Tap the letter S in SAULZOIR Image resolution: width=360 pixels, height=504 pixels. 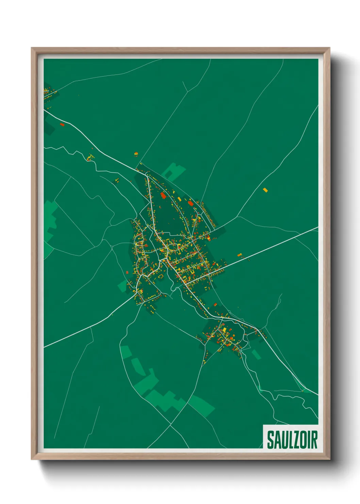(270, 440)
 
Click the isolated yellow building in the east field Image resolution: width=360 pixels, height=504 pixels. (265, 190)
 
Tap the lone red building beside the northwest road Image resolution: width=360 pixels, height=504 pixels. (62, 125)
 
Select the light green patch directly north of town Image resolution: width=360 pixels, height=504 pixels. (174, 171)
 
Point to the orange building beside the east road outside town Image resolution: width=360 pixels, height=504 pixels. (239, 255)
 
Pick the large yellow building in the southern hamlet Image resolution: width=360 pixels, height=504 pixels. (224, 330)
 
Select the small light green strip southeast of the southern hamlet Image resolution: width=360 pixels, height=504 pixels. (256, 355)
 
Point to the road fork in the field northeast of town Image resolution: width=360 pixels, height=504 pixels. (187, 91)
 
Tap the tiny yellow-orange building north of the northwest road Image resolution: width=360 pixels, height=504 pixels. (136, 154)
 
